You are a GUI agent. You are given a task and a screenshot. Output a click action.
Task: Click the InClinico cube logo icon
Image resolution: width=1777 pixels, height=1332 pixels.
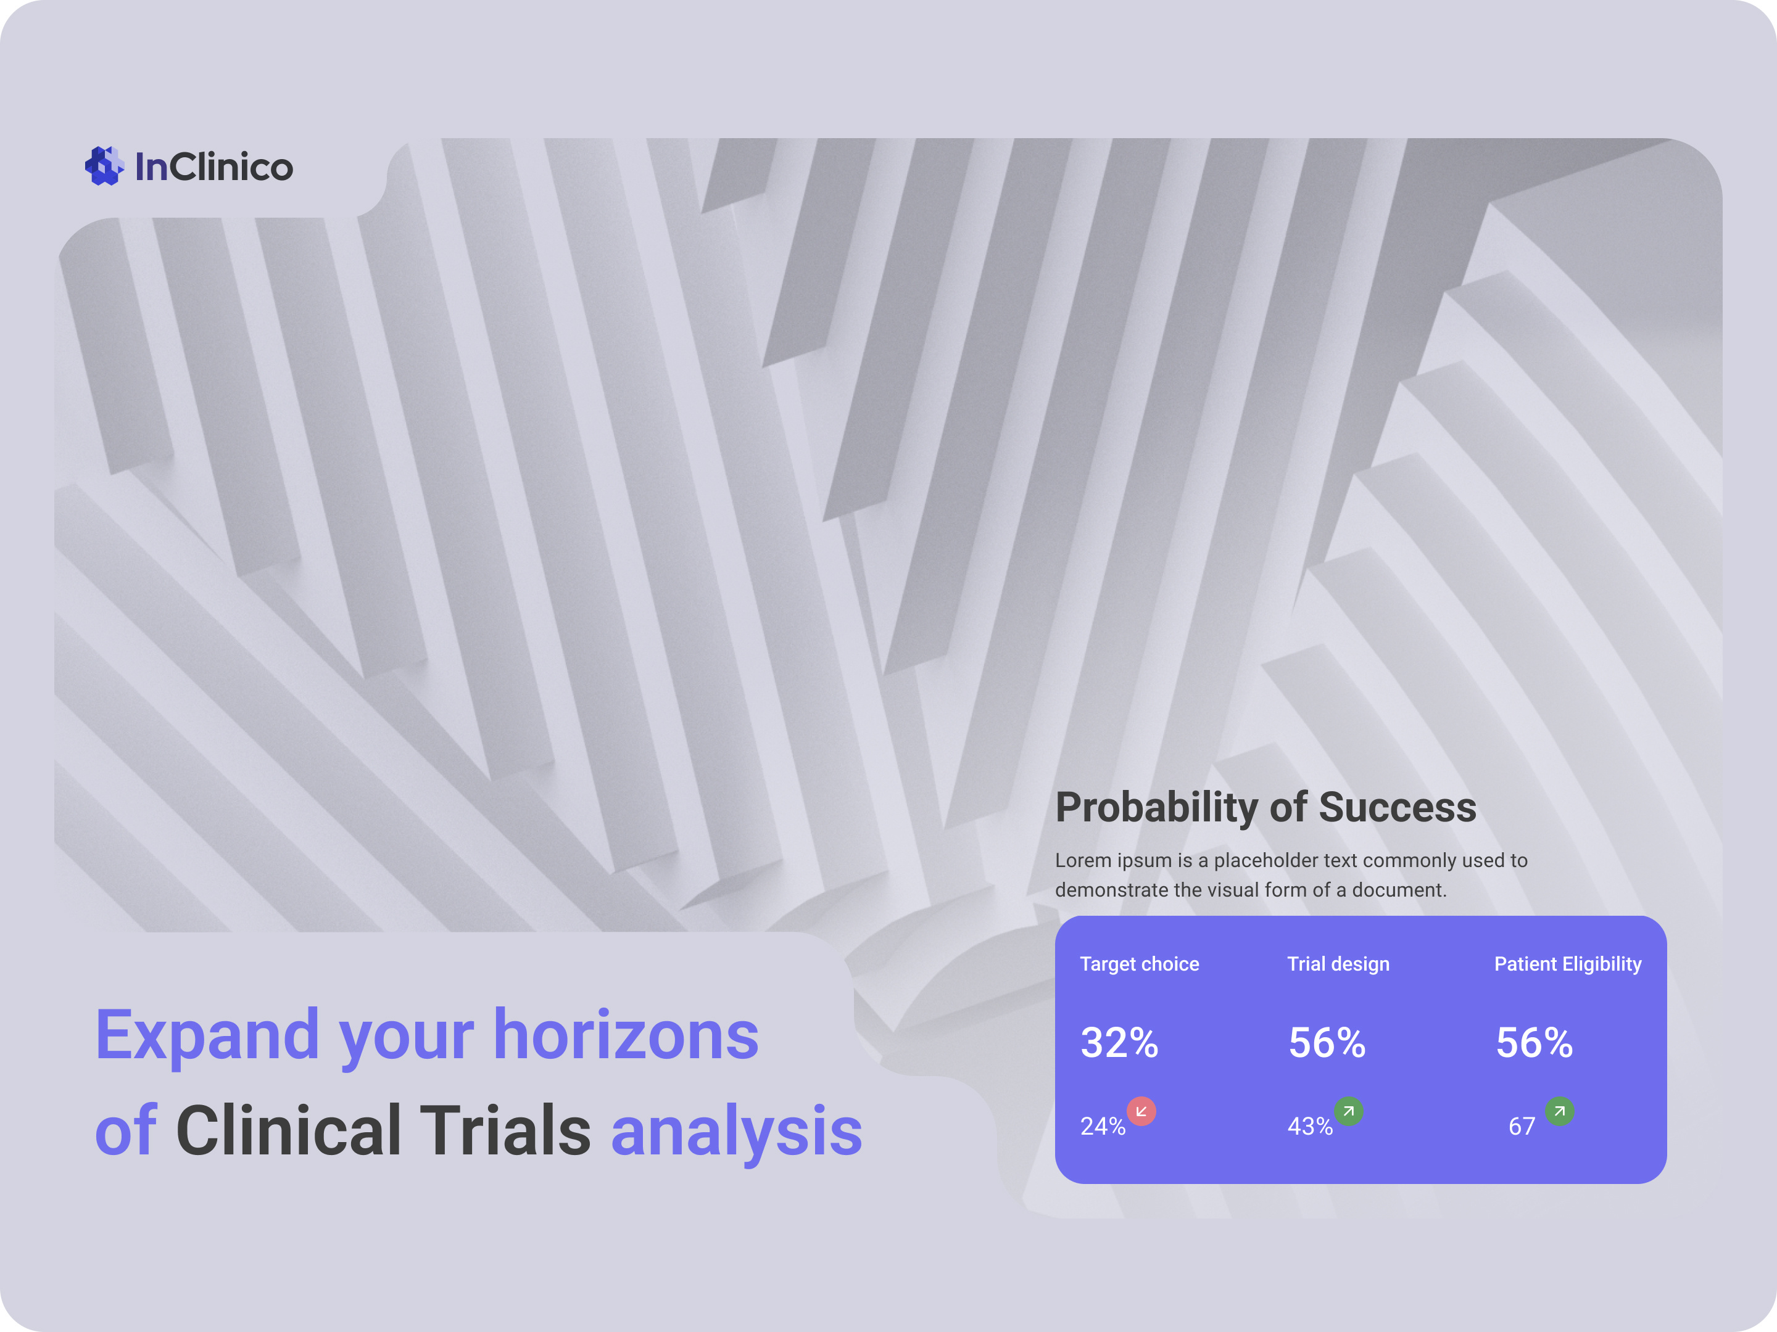[x=104, y=166]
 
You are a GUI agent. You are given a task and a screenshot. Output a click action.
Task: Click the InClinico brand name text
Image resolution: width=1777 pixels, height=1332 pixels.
[x=213, y=167]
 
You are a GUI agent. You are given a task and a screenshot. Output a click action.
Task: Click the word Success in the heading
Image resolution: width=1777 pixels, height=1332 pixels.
[x=1397, y=808]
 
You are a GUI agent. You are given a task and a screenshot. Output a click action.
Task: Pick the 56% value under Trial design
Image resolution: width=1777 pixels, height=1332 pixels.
[x=1327, y=1042]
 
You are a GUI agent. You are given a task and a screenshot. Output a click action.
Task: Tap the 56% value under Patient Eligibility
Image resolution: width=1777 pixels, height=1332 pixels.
[x=1533, y=1042]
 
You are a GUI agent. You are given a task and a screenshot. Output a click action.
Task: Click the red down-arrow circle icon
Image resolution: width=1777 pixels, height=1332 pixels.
[x=1141, y=1111]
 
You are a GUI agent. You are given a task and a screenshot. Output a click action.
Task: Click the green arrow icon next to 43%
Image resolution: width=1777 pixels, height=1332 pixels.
[x=1348, y=1111]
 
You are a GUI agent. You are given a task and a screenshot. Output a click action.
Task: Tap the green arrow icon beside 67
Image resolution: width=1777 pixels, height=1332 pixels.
[x=1559, y=1111]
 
